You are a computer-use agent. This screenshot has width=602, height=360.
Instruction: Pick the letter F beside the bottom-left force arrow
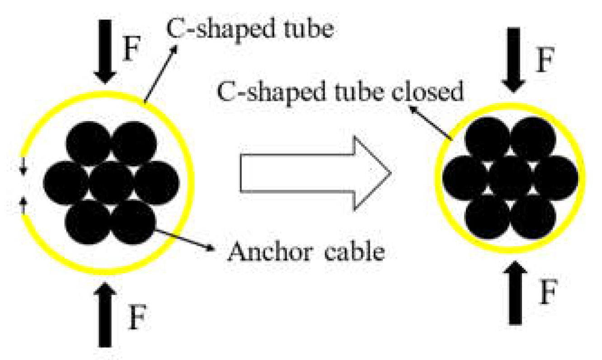(137, 317)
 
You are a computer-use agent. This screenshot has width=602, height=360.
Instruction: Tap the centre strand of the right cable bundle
(511, 177)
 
